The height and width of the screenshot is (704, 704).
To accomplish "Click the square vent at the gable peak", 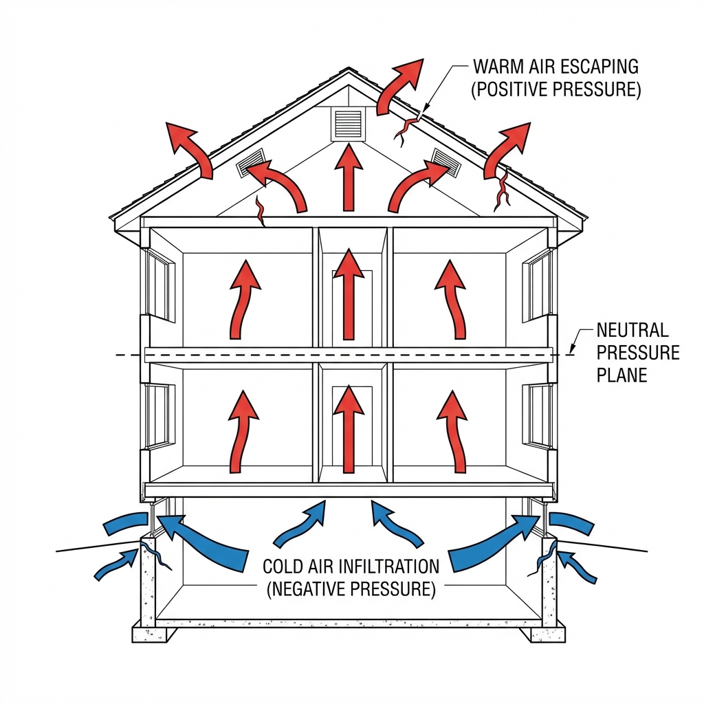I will coord(348,124).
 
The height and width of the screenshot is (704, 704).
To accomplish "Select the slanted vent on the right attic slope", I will coord(445,163).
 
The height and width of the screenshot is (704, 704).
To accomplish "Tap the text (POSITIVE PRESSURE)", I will coord(555,90).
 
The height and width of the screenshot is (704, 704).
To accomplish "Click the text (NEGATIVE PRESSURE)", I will coord(351,589).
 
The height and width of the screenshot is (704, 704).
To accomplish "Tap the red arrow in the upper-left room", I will coord(243,299).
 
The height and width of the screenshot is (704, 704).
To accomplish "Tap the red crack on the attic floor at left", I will coord(260,211).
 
